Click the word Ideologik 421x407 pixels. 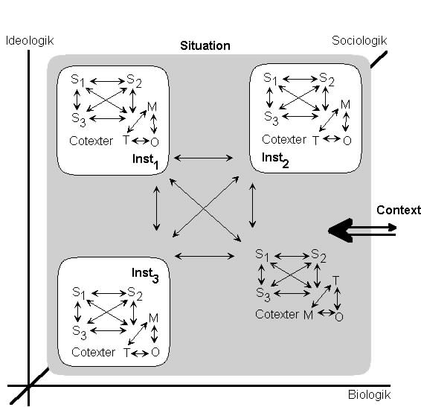tap(30, 41)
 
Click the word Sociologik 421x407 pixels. tap(359, 41)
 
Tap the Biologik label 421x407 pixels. tap(369, 395)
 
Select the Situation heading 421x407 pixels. tap(205, 45)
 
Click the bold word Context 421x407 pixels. tap(399, 210)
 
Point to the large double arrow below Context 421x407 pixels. tap(362, 231)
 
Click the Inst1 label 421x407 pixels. tap(145, 161)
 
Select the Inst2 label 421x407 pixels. tap(275, 159)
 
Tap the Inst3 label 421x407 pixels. tap(145, 275)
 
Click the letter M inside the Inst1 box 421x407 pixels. tap(152, 107)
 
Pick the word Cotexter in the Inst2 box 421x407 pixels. tap(284, 140)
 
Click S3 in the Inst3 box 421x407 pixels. tap(79, 333)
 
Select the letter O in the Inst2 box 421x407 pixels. tap(347, 141)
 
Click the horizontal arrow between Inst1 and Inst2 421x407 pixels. tap(203, 158)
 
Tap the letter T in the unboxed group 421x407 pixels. tap(335, 281)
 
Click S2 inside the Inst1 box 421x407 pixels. tap(134, 80)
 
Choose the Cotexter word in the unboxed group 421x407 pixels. tap(277, 314)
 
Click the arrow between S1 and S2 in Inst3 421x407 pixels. tap(109, 293)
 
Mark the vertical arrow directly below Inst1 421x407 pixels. tap(156, 208)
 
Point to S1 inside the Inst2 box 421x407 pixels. tap(270, 79)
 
